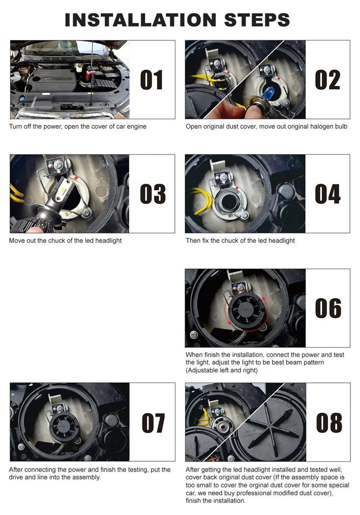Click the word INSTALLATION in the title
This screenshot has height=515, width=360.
coord(141,20)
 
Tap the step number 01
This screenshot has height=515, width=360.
coord(152,80)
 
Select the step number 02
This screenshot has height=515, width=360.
coord(327,80)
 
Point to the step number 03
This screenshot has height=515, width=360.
coord(152,194)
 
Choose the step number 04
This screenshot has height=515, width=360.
coord(327,194)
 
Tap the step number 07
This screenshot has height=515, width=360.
coord(153,423)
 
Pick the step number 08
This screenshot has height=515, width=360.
coord(329,423)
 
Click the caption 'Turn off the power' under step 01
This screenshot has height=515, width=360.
coord(77,127)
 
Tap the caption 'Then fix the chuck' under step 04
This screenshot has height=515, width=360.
coord(240,241)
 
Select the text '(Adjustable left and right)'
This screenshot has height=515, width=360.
coord(221,371)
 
